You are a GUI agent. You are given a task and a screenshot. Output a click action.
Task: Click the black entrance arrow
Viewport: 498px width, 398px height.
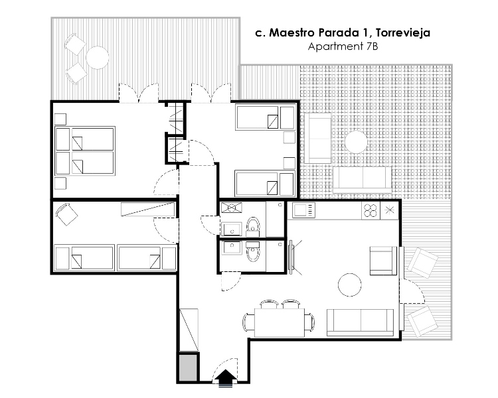point(226,377)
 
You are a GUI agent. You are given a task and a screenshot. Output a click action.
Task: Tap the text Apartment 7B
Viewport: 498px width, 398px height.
point(343,46)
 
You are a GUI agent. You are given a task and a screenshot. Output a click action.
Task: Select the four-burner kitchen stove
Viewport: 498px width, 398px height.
point(371,210)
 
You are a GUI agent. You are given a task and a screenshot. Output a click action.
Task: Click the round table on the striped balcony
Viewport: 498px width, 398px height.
point(98,58)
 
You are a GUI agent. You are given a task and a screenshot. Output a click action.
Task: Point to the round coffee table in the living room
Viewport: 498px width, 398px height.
point(350,285)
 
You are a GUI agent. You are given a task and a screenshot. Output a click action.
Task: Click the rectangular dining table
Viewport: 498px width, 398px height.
point(280,322)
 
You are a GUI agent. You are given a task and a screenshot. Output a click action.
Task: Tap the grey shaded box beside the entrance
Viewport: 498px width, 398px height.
point(188,367)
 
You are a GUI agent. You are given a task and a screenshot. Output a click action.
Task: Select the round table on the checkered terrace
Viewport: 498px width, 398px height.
point(356,142)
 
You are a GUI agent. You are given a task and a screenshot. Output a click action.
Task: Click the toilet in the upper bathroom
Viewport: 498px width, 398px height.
point(253,226)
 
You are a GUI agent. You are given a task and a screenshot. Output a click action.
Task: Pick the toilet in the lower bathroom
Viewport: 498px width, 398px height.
point(253,252)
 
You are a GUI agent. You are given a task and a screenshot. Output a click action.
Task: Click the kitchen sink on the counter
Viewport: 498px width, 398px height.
point(303,210)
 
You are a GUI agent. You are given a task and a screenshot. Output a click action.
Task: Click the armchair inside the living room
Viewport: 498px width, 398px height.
point(383,261)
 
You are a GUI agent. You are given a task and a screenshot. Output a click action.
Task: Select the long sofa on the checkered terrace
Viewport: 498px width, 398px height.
point(363,179)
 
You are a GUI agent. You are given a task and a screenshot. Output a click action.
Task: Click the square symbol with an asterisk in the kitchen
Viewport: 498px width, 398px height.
point(389,210)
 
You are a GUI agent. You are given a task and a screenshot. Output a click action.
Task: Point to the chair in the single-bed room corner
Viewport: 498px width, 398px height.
point(66,214)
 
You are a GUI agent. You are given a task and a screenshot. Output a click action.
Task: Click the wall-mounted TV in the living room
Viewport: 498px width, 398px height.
point(291,257)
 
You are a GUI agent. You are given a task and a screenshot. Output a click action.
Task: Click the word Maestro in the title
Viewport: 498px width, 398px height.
point(292,33)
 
